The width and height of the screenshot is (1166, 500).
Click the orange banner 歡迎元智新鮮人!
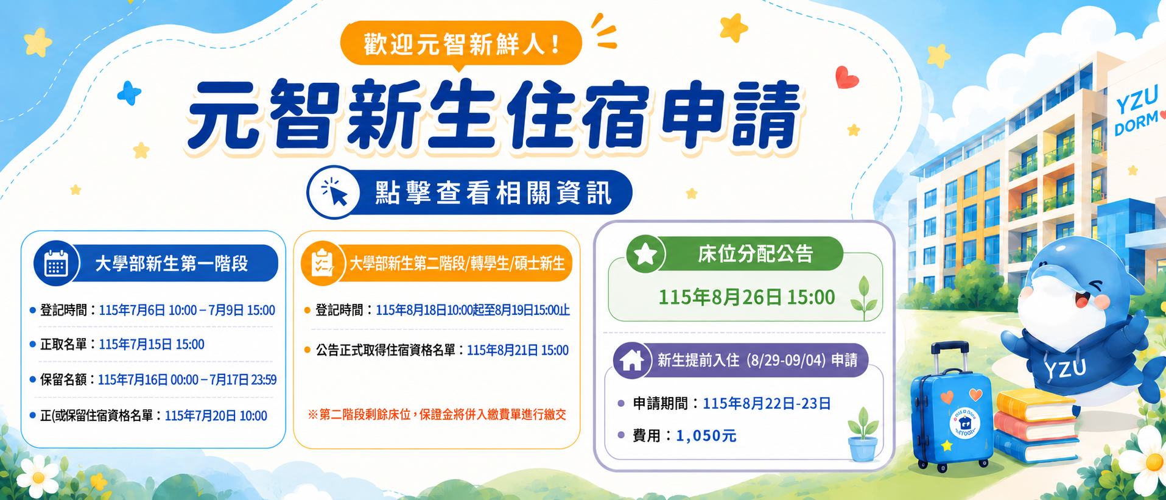coord(461,44)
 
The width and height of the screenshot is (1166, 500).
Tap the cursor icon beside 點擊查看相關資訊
coord(334,192)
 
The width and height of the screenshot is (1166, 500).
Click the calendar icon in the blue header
coord(55,264)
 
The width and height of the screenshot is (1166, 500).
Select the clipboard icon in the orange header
coord(322,264)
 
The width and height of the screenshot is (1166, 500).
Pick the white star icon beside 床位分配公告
coord(645,254)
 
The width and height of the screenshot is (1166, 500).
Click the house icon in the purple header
coord(631,361)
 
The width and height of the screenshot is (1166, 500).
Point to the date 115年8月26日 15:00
coord(746,297)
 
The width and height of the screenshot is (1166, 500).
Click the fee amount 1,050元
coord(706,435)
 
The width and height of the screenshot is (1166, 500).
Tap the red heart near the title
coord(846,77)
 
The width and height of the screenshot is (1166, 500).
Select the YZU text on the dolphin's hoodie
coord(1065,368)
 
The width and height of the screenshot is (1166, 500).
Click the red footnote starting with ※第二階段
coord(437,415)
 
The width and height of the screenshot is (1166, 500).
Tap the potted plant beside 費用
coord(863,435)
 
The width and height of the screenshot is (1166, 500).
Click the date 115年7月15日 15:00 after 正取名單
coord(152,345)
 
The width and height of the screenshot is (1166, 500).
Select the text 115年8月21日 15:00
coord(518,350)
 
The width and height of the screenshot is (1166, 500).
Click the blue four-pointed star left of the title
coord(129,93)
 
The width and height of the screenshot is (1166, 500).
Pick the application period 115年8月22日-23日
coord(767,404)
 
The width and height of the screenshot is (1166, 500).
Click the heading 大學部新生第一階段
coord(172,264)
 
